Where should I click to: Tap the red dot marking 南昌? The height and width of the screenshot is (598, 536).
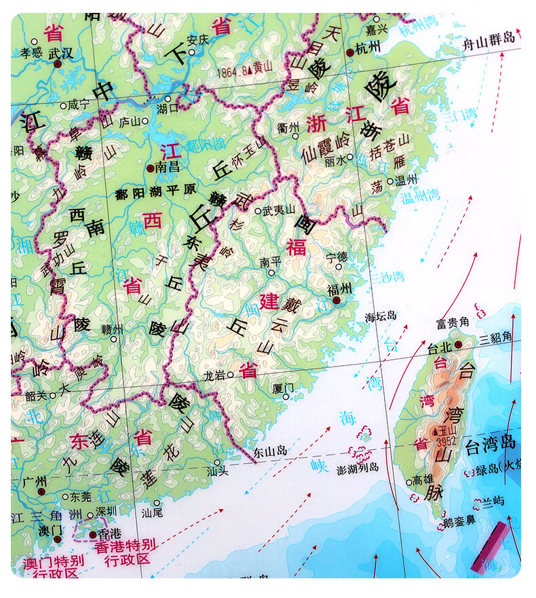[x=150, y=166]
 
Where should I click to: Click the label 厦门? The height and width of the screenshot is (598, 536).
[x=283, y=388]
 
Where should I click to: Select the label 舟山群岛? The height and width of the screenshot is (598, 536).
[x=489, y=41]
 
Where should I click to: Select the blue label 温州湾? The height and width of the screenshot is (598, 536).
[x=419, y=197]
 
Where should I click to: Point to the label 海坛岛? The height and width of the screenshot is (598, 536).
[x=381, y=316]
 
